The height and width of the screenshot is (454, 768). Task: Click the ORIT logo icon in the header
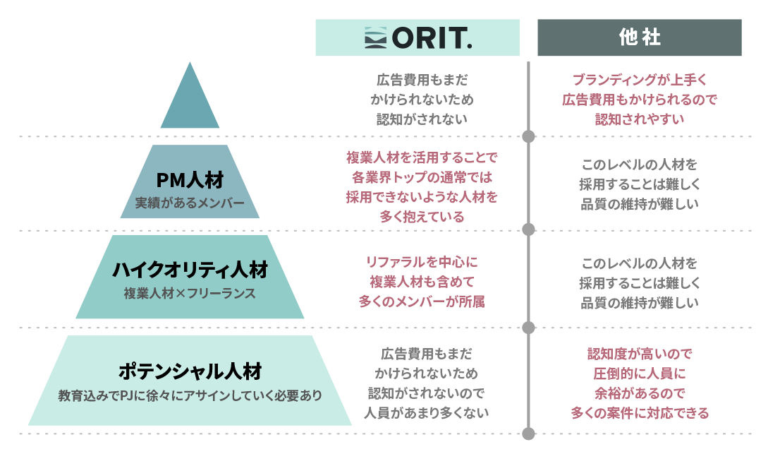coord(375,37)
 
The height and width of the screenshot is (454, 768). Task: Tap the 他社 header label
coord(640,37)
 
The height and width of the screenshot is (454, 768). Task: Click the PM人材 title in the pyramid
coord(190,180)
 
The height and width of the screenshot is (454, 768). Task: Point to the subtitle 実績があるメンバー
coord(190,203)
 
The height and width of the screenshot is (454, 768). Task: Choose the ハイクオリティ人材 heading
coord(190,270)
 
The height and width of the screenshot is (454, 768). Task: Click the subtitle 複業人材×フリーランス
coord(190,293)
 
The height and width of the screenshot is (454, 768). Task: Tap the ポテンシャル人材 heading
coord(190,371)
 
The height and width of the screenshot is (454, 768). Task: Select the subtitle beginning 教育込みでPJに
coord(190,395)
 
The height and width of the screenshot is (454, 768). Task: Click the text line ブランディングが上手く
coord(640,79)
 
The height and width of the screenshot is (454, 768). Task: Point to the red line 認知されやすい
coord(640,119)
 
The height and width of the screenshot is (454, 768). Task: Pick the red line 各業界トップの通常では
coord(422,177)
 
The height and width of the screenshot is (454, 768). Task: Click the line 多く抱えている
coord(422,216)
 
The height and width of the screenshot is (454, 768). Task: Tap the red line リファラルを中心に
coord(422,262)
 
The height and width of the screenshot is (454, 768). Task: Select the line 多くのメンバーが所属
coord(422,301)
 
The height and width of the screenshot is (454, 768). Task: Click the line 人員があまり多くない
coord(426,413)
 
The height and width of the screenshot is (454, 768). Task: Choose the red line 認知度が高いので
coord(640,354)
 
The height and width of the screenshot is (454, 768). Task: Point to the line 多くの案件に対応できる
coord(640,413)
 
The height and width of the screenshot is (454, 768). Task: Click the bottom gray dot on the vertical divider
coord(528,434)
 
